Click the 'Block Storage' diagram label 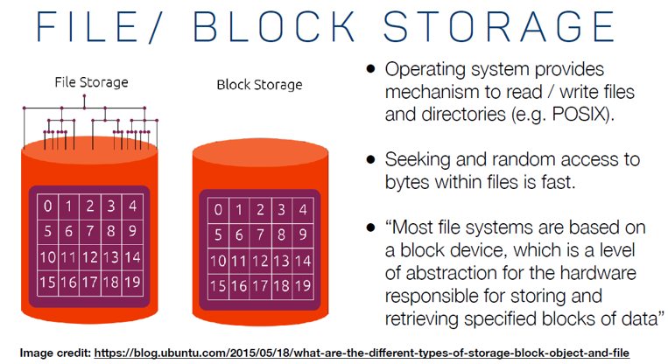click(259, 85)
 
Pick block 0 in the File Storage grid click(47, 206)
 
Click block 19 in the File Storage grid click(132, 283)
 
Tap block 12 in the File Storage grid click(89, 258)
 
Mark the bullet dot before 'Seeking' click(371, 160)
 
